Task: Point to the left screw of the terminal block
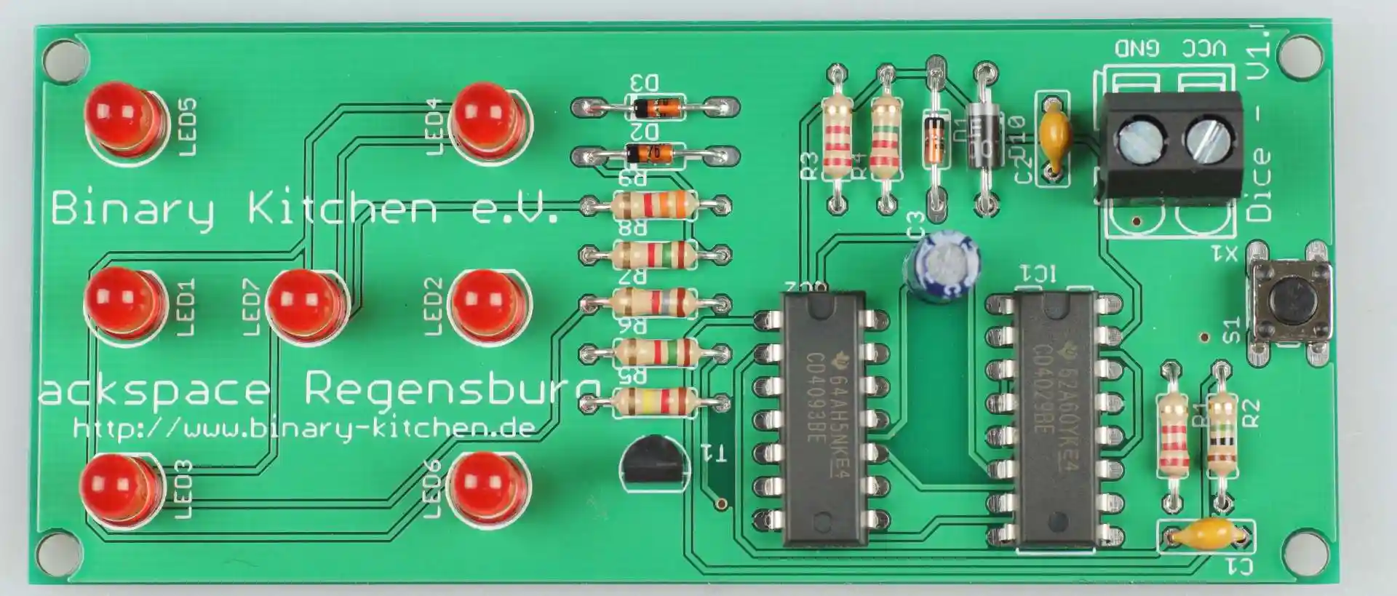(x=1136, y=140)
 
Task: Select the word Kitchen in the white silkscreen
(x=342, y=209)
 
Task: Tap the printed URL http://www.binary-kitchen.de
(x=304, y=427)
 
